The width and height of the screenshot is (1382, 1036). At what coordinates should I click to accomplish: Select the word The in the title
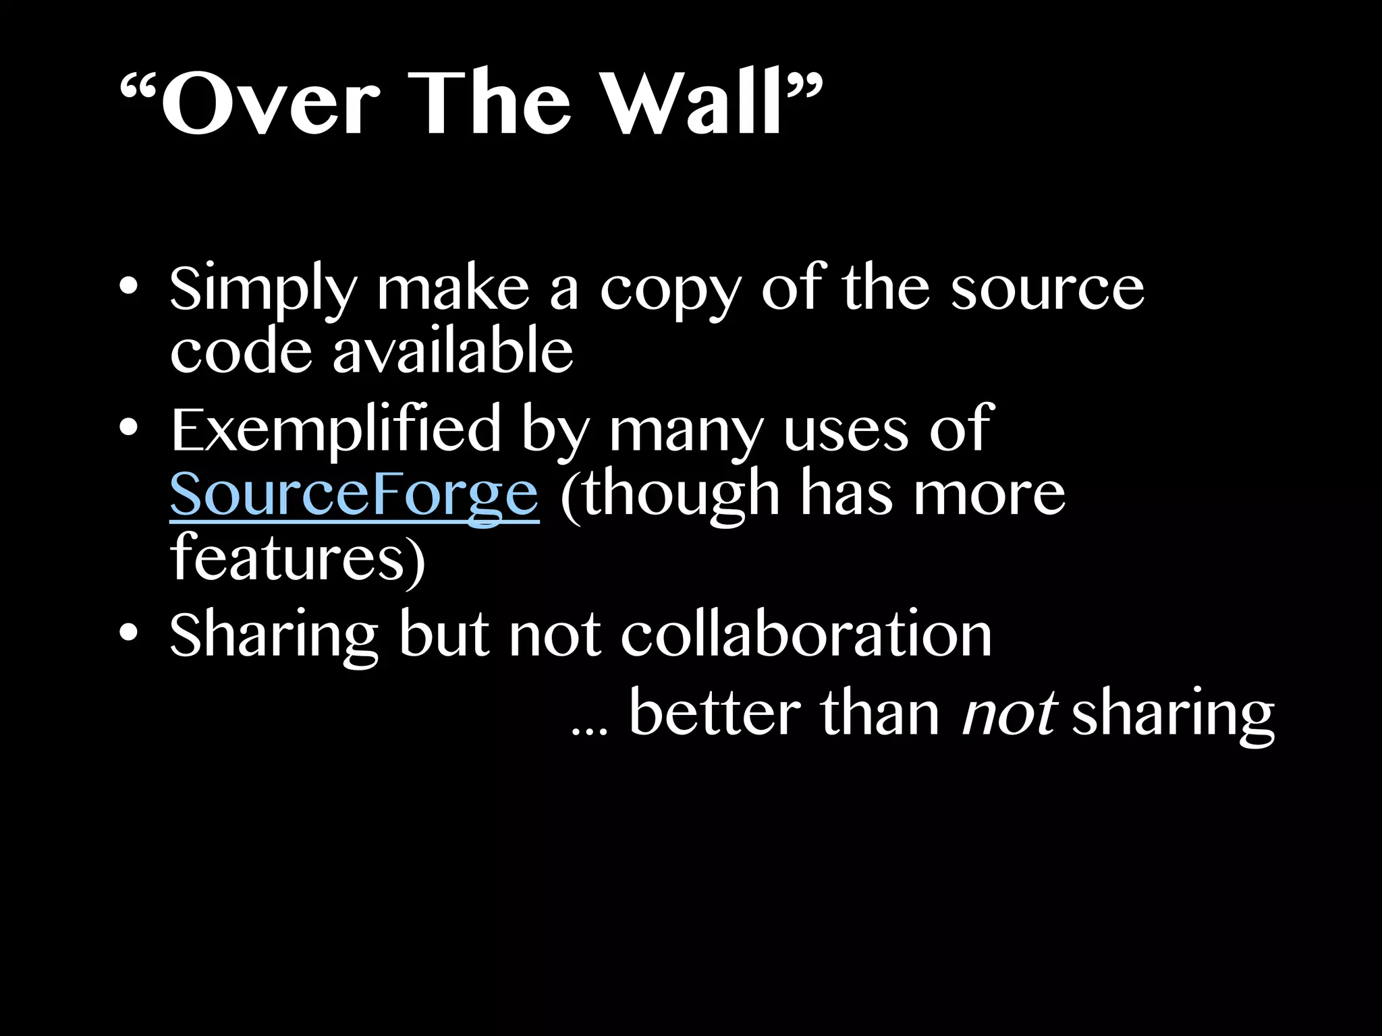pyautogui.click(x=490, y=105)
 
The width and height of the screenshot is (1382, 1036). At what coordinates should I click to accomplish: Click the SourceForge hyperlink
pyautogui.click(x=354, y=494)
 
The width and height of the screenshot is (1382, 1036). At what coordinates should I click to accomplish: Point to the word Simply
pyautogui.click(x=262, y=290)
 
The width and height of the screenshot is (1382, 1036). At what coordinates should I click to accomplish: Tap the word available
pyautogui.click(x=452, y=351)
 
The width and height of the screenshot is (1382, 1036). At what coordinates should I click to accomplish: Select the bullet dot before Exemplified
pyautogui.click(x=128, y=428)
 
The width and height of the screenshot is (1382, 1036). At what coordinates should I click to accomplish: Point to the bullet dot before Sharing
pyautogui.click(x=128, y=633)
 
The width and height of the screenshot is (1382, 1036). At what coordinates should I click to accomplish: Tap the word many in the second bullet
pyautogui.click(x=686, y=432)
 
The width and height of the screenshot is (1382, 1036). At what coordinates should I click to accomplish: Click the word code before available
pyautogui.click(x=241, y=351)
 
